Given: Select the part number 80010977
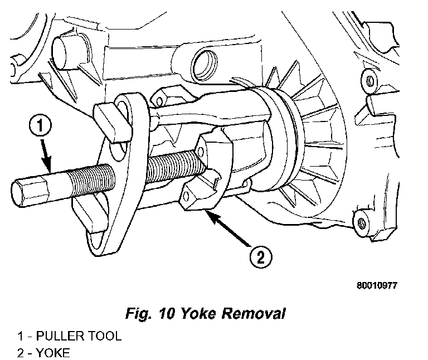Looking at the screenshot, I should tap(377, 285).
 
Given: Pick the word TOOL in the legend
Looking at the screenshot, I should tap(105, 337).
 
